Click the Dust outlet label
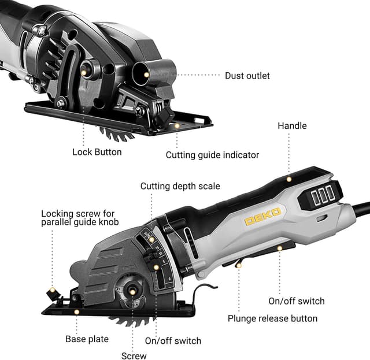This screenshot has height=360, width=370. [x=247, y=76]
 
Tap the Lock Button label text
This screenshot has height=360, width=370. [x=97, y=152]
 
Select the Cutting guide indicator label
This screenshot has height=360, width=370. [x=212, y=155]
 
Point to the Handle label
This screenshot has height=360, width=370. [x=292, y=125]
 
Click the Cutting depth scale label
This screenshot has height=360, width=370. [x=180, y=186]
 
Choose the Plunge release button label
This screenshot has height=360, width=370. [x=272, y=318]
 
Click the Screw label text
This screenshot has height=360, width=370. [x=134, y=356]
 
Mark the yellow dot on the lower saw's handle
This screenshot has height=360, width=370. [x=288, y=180]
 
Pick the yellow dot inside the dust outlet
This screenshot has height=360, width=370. [x=147, y=76]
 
